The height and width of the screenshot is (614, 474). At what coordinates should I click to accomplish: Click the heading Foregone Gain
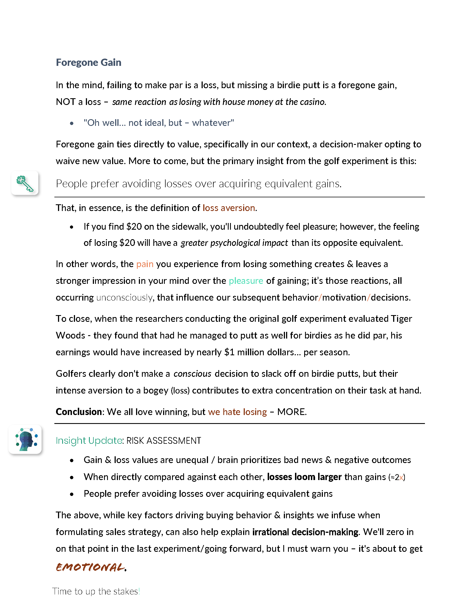click(88, 63)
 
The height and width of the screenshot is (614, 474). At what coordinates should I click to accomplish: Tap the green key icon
click(25, 183)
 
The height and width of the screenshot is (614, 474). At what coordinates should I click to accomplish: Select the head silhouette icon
click(26, 440)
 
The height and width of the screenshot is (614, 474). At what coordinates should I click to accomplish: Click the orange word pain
click(145, 264)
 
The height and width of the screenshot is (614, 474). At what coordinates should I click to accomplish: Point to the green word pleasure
click(246, 281)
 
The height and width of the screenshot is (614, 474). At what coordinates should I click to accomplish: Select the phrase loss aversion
click(229, 208)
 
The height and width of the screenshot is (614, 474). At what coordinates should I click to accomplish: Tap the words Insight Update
click(89, 440)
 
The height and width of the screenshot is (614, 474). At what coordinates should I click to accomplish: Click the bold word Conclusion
click(78, 412)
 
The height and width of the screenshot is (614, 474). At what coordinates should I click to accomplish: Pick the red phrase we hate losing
click(237, 412)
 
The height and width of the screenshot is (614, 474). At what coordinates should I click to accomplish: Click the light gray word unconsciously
click(124, 298)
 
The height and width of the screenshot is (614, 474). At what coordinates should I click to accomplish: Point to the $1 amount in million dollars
click(229, 352)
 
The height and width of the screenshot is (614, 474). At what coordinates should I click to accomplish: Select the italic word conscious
click(192, 374)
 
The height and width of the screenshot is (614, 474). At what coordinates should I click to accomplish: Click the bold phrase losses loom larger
click(304, 477)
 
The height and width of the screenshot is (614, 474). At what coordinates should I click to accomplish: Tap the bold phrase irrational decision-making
click(305, 532)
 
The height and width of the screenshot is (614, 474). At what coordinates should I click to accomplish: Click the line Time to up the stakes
click(96, 591)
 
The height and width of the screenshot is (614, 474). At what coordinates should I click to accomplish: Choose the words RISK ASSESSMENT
click(164, 440)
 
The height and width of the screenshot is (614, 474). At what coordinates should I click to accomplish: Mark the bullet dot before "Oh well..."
click(72, 123)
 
